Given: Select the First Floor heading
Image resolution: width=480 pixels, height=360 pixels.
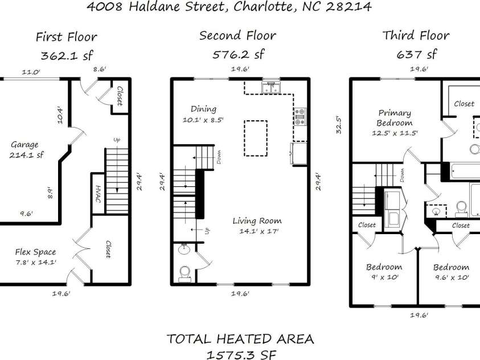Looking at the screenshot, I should pyautogui.click(x=66, y=37).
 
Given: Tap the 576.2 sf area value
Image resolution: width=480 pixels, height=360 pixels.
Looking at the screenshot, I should pyautogui.click(x=238, y=55).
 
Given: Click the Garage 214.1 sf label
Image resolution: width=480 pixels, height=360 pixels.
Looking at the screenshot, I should pyautogui.click(x=27, y=150).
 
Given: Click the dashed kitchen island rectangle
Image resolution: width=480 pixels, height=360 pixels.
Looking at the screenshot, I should pyautogui.click(x=256, y=138).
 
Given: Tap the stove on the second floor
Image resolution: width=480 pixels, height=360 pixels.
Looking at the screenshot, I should pyautogui.click(x=300, y=116).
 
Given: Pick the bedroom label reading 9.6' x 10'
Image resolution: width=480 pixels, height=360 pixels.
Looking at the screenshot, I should pyautogui.click(x=451, y=272).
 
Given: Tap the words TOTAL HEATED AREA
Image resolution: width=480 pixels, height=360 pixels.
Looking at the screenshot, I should pyautogui.click(x=240, y=339).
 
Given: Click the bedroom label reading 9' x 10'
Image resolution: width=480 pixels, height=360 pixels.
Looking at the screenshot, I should pyautogui.click(x=384, y=272).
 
